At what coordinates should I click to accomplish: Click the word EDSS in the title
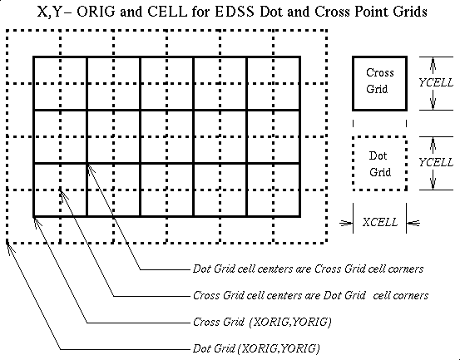(235, 12)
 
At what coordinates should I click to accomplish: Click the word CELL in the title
(167, 12)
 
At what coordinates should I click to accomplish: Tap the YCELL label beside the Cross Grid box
(436, 83)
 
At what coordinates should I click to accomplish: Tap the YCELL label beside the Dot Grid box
(436, 162)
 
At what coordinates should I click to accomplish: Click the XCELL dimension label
(380, 222)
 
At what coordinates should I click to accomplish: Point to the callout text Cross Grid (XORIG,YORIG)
(262, 323)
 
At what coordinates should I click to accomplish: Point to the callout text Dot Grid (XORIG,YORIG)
(256, 348)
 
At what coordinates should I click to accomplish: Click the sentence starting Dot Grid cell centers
(308, 269)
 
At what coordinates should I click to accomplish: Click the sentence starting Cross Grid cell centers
(310, 295)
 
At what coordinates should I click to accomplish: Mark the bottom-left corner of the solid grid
(34, 217)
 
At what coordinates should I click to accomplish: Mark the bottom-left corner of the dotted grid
(7, 243)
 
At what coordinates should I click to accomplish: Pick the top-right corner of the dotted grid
(327, 30)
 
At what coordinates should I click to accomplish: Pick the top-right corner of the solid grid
(300, 57)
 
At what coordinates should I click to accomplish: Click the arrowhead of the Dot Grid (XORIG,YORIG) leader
(10, 249)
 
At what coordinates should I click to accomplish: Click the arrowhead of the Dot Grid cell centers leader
(91, 170)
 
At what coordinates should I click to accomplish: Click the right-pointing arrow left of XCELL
(346, 224)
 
